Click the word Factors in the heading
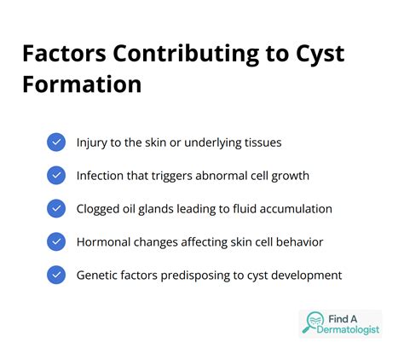(x=64, y=53)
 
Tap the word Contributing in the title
(x=186, y=55)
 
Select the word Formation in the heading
(x=82, y=84)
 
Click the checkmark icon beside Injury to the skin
(x=56, y=142)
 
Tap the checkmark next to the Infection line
(x=56, y=176)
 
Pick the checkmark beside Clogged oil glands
(x=56, y=208)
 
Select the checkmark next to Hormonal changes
(x=56, y=241)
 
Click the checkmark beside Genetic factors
(x=56, y=275)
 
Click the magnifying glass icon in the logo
(x=314, y=322)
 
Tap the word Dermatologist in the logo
(x=348, y=330)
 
